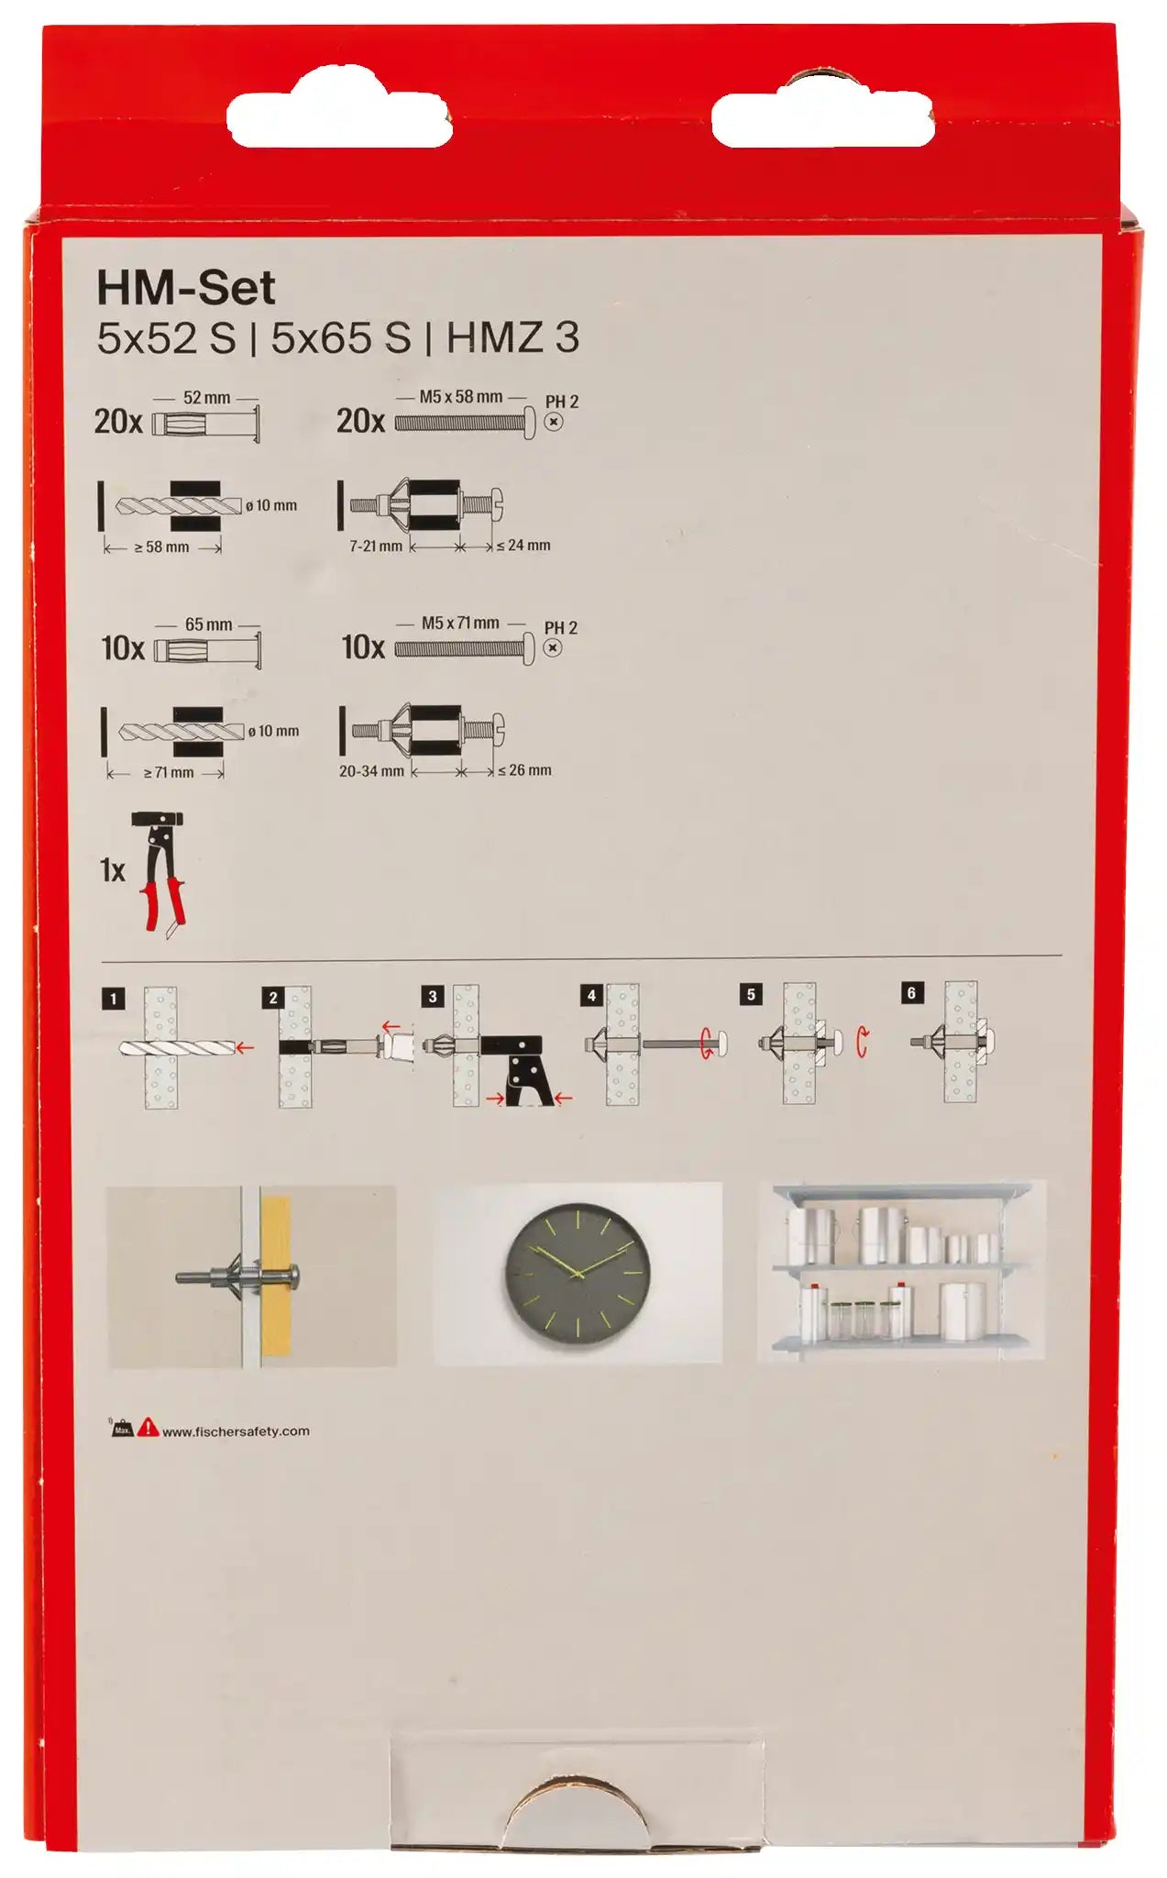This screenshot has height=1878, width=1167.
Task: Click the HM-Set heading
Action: pyautogui.click(x=185, y=289)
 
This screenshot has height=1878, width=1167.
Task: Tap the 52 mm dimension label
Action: pyautogui.click(x=207, y=398)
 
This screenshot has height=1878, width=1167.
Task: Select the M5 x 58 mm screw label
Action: pyautogui.click(x=461, y=397)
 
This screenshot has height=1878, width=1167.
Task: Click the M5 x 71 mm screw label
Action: pyautogui.click(x=460, y=623)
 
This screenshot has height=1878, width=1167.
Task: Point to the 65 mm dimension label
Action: pyautogui.click(x=209, y=624)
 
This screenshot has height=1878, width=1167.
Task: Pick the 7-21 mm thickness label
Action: pyautogui.click(x=376, y=546)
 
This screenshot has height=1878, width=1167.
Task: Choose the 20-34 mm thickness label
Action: pyautogui.click(x=371, y=771)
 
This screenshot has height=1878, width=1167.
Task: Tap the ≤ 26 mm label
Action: pyautogui.click(x=524, y=770)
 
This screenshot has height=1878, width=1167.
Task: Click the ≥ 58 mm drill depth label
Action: pyautogui.click(x=161, y=547)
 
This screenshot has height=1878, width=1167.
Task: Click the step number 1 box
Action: pyautogui.click(x=113, y=999)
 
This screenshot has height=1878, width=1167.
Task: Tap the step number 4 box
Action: pyautogui.click(x=591, y=995)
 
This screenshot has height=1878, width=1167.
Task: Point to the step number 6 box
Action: pyautogui.click(x=911, y=992)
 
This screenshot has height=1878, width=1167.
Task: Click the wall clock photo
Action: pyautogui.click(x=578, y=1273)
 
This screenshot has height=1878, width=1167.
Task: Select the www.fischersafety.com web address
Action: pyautogui.click(x=236, y=1431)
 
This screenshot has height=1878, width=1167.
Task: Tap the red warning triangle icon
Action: pyautogui.click(x=149, y=1428)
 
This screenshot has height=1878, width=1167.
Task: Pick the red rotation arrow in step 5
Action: pyautogui.click(x=862, y=1043)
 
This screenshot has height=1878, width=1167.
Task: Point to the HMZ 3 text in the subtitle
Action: pyautogui.click(x=513, y=337)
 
